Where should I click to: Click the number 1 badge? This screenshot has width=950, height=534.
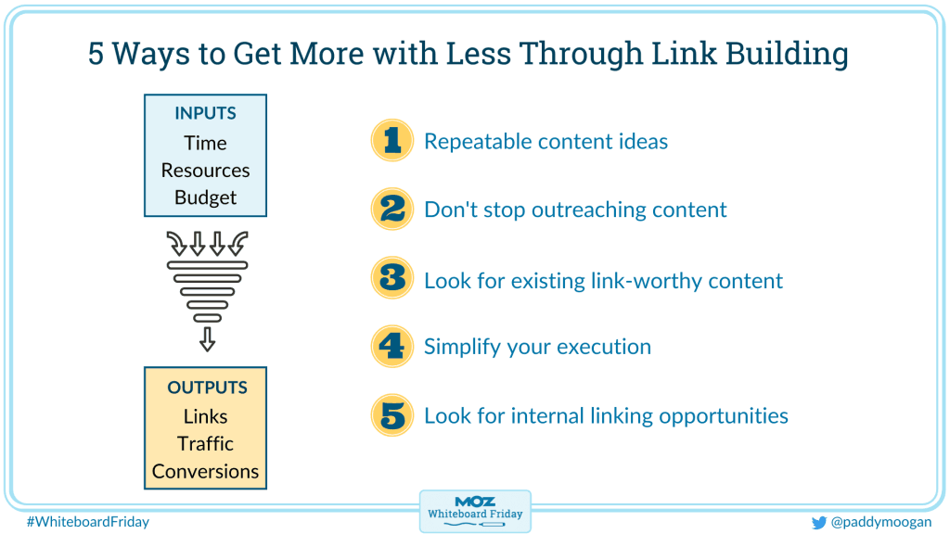click(392, 140)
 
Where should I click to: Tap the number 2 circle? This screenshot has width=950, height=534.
click(392, 209)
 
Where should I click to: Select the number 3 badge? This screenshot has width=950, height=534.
click(392, 278)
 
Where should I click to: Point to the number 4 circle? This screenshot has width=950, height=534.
click(392, 347)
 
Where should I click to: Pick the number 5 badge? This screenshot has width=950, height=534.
click(392, 415)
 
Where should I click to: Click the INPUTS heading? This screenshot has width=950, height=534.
click(205, 113)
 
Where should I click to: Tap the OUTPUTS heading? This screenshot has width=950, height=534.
click(207, 388)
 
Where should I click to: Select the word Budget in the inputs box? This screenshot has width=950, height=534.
click(205, 198)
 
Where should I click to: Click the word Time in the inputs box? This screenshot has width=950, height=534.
click(205, 143)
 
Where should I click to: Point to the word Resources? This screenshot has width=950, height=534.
click(205, 171)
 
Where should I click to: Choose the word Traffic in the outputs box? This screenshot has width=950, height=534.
click(205, 444)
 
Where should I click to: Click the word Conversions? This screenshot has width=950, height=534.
click(205, 471)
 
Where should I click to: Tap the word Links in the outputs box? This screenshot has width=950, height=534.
click(205, 416)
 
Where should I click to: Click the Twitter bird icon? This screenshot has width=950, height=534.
click(819, 523)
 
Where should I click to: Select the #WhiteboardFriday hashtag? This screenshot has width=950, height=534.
click(88, 522)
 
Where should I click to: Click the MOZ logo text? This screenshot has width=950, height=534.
click(475, 502)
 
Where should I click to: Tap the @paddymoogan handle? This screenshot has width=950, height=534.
click(881, 522)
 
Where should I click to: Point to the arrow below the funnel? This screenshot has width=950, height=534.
click(207, 339)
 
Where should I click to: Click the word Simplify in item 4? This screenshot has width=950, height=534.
click(462, 347)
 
